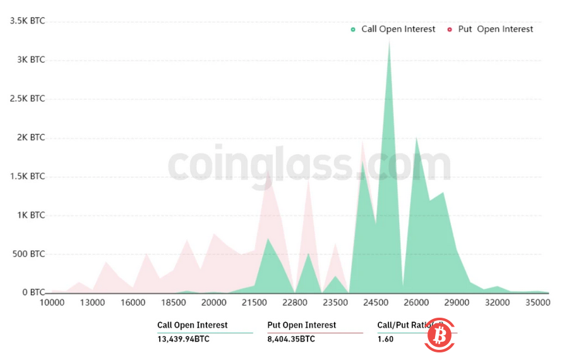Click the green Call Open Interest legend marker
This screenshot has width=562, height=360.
pyautogui.click(x=353, y=30)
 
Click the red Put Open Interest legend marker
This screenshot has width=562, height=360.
pyautogui.click(x=449, y=30)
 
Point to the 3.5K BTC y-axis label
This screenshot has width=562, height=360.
pyautogui.click(x=27, y=21)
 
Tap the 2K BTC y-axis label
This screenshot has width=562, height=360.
pyautogui.click(x=30, y=138)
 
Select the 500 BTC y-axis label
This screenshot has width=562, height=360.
pyautogui.click(x=28, y=255)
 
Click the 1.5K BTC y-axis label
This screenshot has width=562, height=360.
pyautogui.click(x=27, y=176)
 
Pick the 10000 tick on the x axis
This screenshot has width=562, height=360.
pyautogui.click(x=52, y=303)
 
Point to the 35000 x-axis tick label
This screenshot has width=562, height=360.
pyautogui.click(x=538, y=303)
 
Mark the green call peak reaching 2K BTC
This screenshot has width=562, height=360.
pyautogui.click(x=416, y=138)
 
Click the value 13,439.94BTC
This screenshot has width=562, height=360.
pyautogui.click(x=184, y=339)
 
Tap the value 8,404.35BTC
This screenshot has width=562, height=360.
pyautogui.click(x=292, y=339)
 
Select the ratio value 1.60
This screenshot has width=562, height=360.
pyautogui.click(x=386, y=339)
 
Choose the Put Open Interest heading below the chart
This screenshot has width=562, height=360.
pyautogui.click(x=302, y=325)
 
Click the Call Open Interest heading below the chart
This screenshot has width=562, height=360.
pyautogui.click(x=193, y=325)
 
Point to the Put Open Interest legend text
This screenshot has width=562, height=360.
pyautogui.click(x=496, y=30)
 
